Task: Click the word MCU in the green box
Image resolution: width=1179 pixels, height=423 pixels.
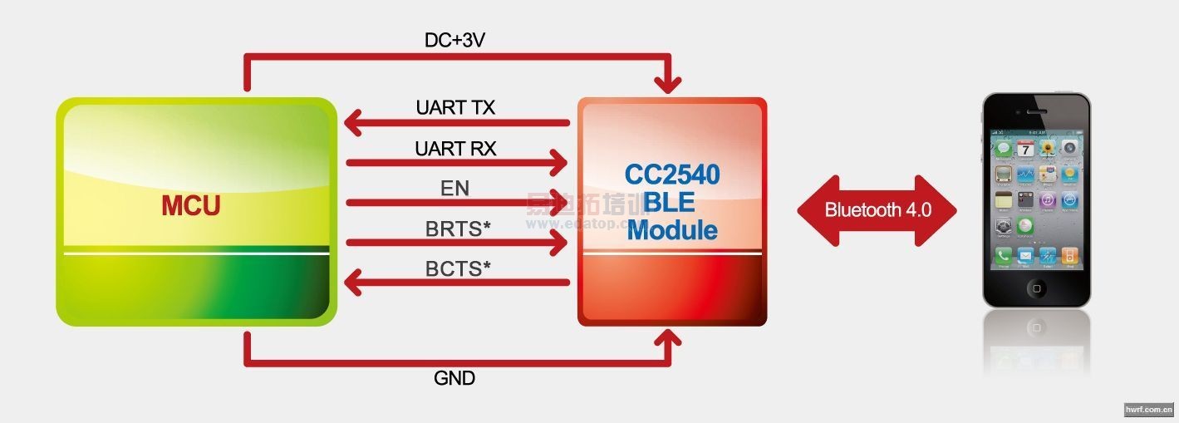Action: (x=191, y=204)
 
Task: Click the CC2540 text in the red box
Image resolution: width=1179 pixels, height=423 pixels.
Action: (x=672, y=175)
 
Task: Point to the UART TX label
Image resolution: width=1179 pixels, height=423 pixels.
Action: (x=455, y=108)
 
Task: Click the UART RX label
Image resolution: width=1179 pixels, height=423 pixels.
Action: (x=455, y=149)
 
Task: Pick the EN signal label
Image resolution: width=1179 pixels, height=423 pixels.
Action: (x=454, y=189)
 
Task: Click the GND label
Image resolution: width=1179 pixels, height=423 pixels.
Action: (x=454, y=378)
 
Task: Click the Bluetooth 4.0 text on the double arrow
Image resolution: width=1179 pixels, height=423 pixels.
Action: (x=877, y=209)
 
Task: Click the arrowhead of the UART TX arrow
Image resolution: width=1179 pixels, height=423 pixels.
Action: (x=352, y=123)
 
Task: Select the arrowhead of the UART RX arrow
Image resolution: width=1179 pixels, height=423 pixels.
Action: (x=559, y=163)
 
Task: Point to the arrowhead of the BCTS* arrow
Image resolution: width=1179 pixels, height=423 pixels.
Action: (x=352, y=283)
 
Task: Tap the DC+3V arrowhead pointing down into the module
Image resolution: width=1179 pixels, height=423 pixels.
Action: (x=668, y=85)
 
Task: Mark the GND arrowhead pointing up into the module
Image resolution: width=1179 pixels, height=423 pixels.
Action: (x=668, y=337)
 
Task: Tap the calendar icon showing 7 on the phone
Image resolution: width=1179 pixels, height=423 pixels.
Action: (x=1026, y=149)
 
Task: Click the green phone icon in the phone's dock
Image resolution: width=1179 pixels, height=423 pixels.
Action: (x=1004, y=256)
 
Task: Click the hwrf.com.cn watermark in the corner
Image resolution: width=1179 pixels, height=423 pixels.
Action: (x=1148, y=409)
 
